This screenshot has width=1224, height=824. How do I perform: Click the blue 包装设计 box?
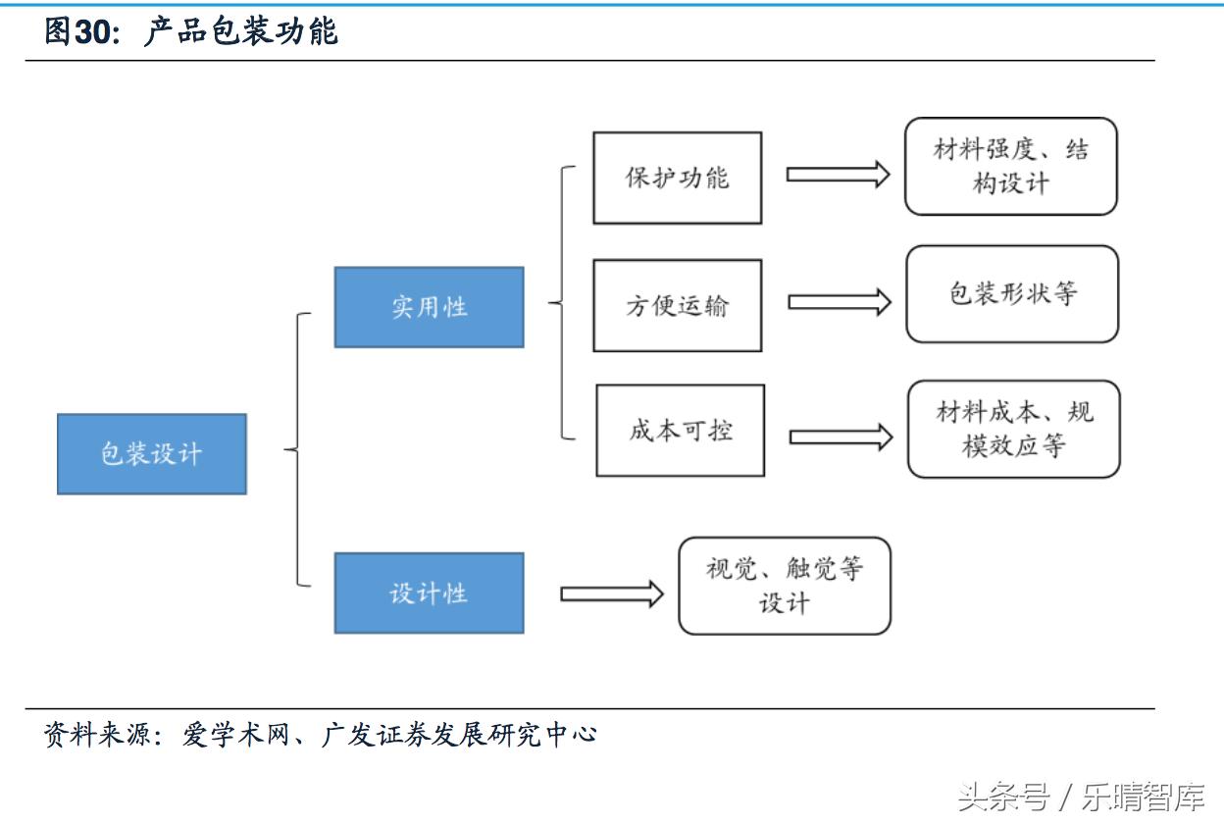(x=152, y=453)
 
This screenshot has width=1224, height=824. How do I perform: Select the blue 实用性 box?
(x=429, y=307)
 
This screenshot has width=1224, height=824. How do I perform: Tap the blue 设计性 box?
(x=429, y=593)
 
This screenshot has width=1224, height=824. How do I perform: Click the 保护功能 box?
(x=677, y=178)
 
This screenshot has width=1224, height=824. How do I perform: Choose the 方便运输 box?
(x=677, y=305)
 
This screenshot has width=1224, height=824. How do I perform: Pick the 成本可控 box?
(x=680, y=431)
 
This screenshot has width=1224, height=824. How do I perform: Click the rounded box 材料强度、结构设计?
(x=1010, y=167)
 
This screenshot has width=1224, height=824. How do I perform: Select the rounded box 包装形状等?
(x=1011, y=294)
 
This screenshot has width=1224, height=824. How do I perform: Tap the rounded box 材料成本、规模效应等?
(x=1013, y=430)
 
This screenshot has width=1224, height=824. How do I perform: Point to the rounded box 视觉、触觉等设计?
(x=784, y=586)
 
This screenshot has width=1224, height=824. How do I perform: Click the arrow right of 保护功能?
(x=837, y=175)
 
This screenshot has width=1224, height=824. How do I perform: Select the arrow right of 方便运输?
(x=839, y=302)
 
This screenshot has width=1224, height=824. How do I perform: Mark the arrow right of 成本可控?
(x=841, y=437)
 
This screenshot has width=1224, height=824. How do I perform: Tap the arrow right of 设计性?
(x=611, y=593)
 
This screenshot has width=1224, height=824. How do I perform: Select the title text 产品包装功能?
(x=240, y=32)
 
